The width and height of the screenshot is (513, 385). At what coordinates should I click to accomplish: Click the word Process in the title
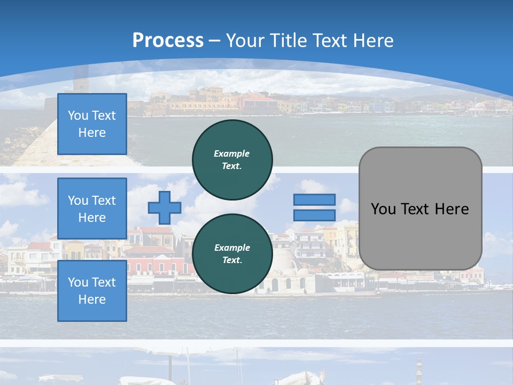point(168,40)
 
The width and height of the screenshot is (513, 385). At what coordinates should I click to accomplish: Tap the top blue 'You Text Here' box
point(92,124)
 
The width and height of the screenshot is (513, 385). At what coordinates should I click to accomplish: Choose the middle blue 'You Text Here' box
point(92,209)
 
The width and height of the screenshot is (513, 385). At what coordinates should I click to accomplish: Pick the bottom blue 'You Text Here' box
point(92,291)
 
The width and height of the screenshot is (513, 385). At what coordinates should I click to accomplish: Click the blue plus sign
point(164,207)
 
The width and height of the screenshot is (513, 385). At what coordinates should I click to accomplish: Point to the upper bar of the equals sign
point(314,199)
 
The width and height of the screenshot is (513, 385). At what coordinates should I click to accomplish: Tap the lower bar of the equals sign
point(314,215)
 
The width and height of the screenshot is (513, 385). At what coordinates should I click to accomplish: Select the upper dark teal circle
point(232,159)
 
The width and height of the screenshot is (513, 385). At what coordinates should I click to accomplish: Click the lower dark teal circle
point(232,253)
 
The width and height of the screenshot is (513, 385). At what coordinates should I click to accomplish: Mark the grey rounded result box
point(420,208)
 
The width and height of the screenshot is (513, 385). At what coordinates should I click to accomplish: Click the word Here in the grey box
point(452,209)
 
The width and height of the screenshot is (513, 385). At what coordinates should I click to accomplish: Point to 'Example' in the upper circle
point(232,153)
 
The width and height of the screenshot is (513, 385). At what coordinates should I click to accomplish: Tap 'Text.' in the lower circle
point(232,260)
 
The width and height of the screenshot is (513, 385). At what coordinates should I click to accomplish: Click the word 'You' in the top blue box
point(78,115)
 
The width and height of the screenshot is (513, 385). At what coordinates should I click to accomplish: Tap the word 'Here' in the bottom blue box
point(92,299)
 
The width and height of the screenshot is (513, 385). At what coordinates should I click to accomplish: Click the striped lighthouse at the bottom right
point(419,369)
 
